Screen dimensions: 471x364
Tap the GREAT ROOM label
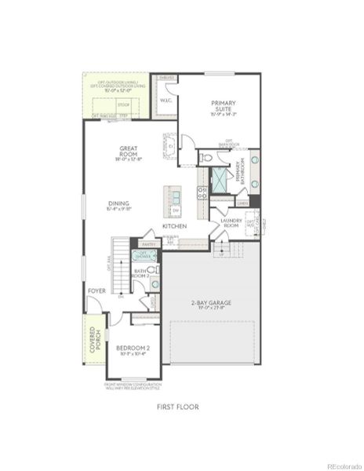(129, 151)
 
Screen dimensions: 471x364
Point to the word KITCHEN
(174, 226)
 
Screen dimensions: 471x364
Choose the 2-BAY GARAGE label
(212, 303)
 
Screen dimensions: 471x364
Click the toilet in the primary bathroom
(206, 158)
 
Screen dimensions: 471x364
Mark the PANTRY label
(149, 244)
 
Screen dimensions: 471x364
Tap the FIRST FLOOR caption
(177, 407)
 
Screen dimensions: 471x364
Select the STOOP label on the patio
(123, 103)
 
